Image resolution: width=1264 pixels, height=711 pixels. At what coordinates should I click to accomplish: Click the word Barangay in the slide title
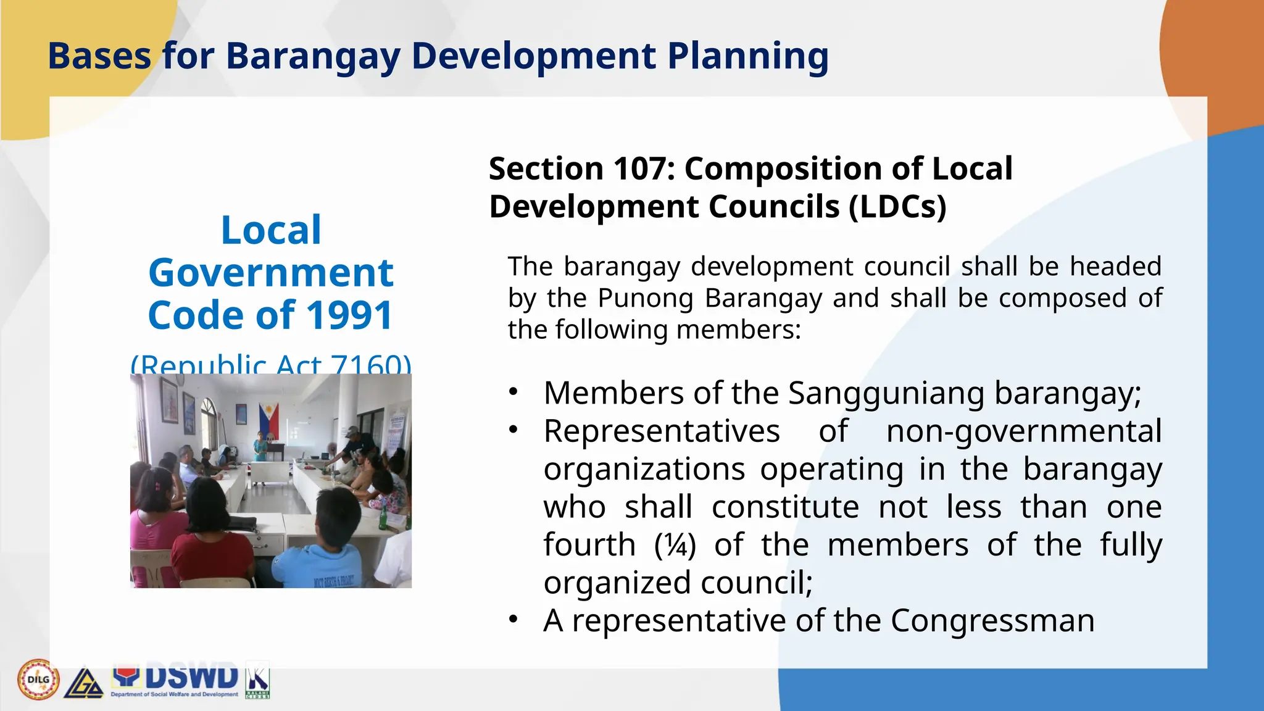pos(313,56)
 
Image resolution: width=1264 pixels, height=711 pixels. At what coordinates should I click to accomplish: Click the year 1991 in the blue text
pos(349,315)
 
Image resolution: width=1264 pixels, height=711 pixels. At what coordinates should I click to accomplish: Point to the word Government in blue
pos(271,273)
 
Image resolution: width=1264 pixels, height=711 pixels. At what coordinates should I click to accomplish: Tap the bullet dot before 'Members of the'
pos(513,392)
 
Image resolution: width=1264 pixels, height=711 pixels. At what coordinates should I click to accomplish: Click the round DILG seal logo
pos(38,680)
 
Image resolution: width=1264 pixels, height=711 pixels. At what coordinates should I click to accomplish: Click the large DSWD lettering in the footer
pos(191,677)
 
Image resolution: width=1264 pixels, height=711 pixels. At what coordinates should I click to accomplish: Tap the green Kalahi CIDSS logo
pos(258,680)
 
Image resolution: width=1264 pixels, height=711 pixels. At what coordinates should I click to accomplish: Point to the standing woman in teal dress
pos(260,446)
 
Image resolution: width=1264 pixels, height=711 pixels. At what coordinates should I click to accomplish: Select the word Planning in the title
pos(747,56)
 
